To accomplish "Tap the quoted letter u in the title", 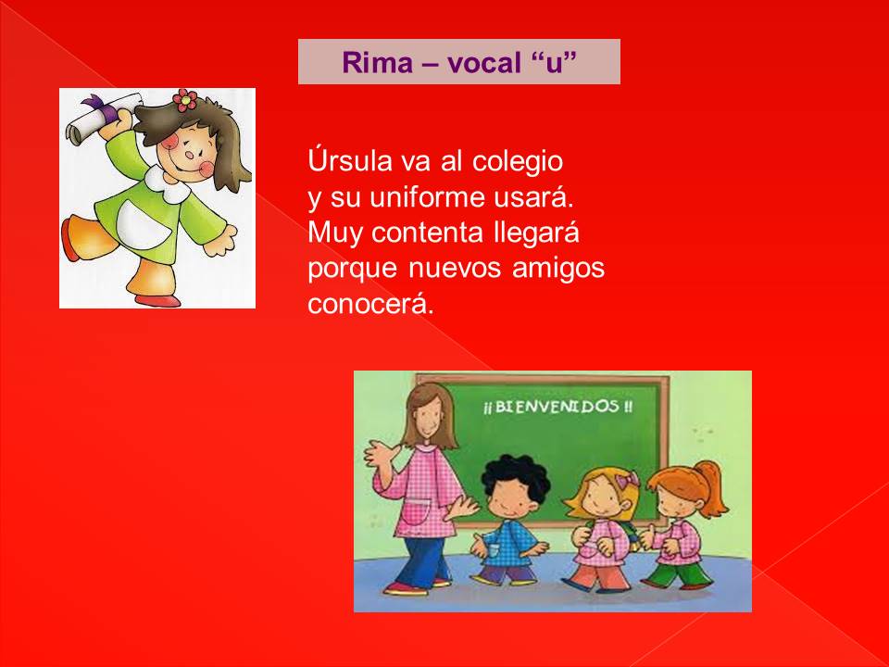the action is click(555, 62).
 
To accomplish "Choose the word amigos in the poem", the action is click(558, 269).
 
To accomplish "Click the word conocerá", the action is click(370, 304).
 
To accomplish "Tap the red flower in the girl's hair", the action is click(185, 100).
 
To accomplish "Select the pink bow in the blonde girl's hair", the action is click(628, 481).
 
